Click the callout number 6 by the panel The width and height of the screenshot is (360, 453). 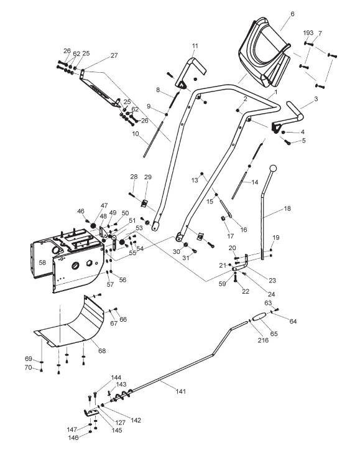[292, 14]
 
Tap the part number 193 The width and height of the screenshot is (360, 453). [308, 32]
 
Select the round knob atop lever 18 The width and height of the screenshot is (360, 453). [273, 168]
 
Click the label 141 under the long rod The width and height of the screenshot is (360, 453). [181, 391]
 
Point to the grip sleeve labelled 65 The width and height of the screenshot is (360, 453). [259, 316]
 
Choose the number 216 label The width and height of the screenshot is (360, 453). [263, 340]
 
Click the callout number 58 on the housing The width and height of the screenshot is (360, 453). [42, 263]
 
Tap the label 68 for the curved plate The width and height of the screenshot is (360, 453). [102, 351]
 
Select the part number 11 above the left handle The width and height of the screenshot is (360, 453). [195, 45]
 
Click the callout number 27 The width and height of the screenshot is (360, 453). [114, 55]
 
